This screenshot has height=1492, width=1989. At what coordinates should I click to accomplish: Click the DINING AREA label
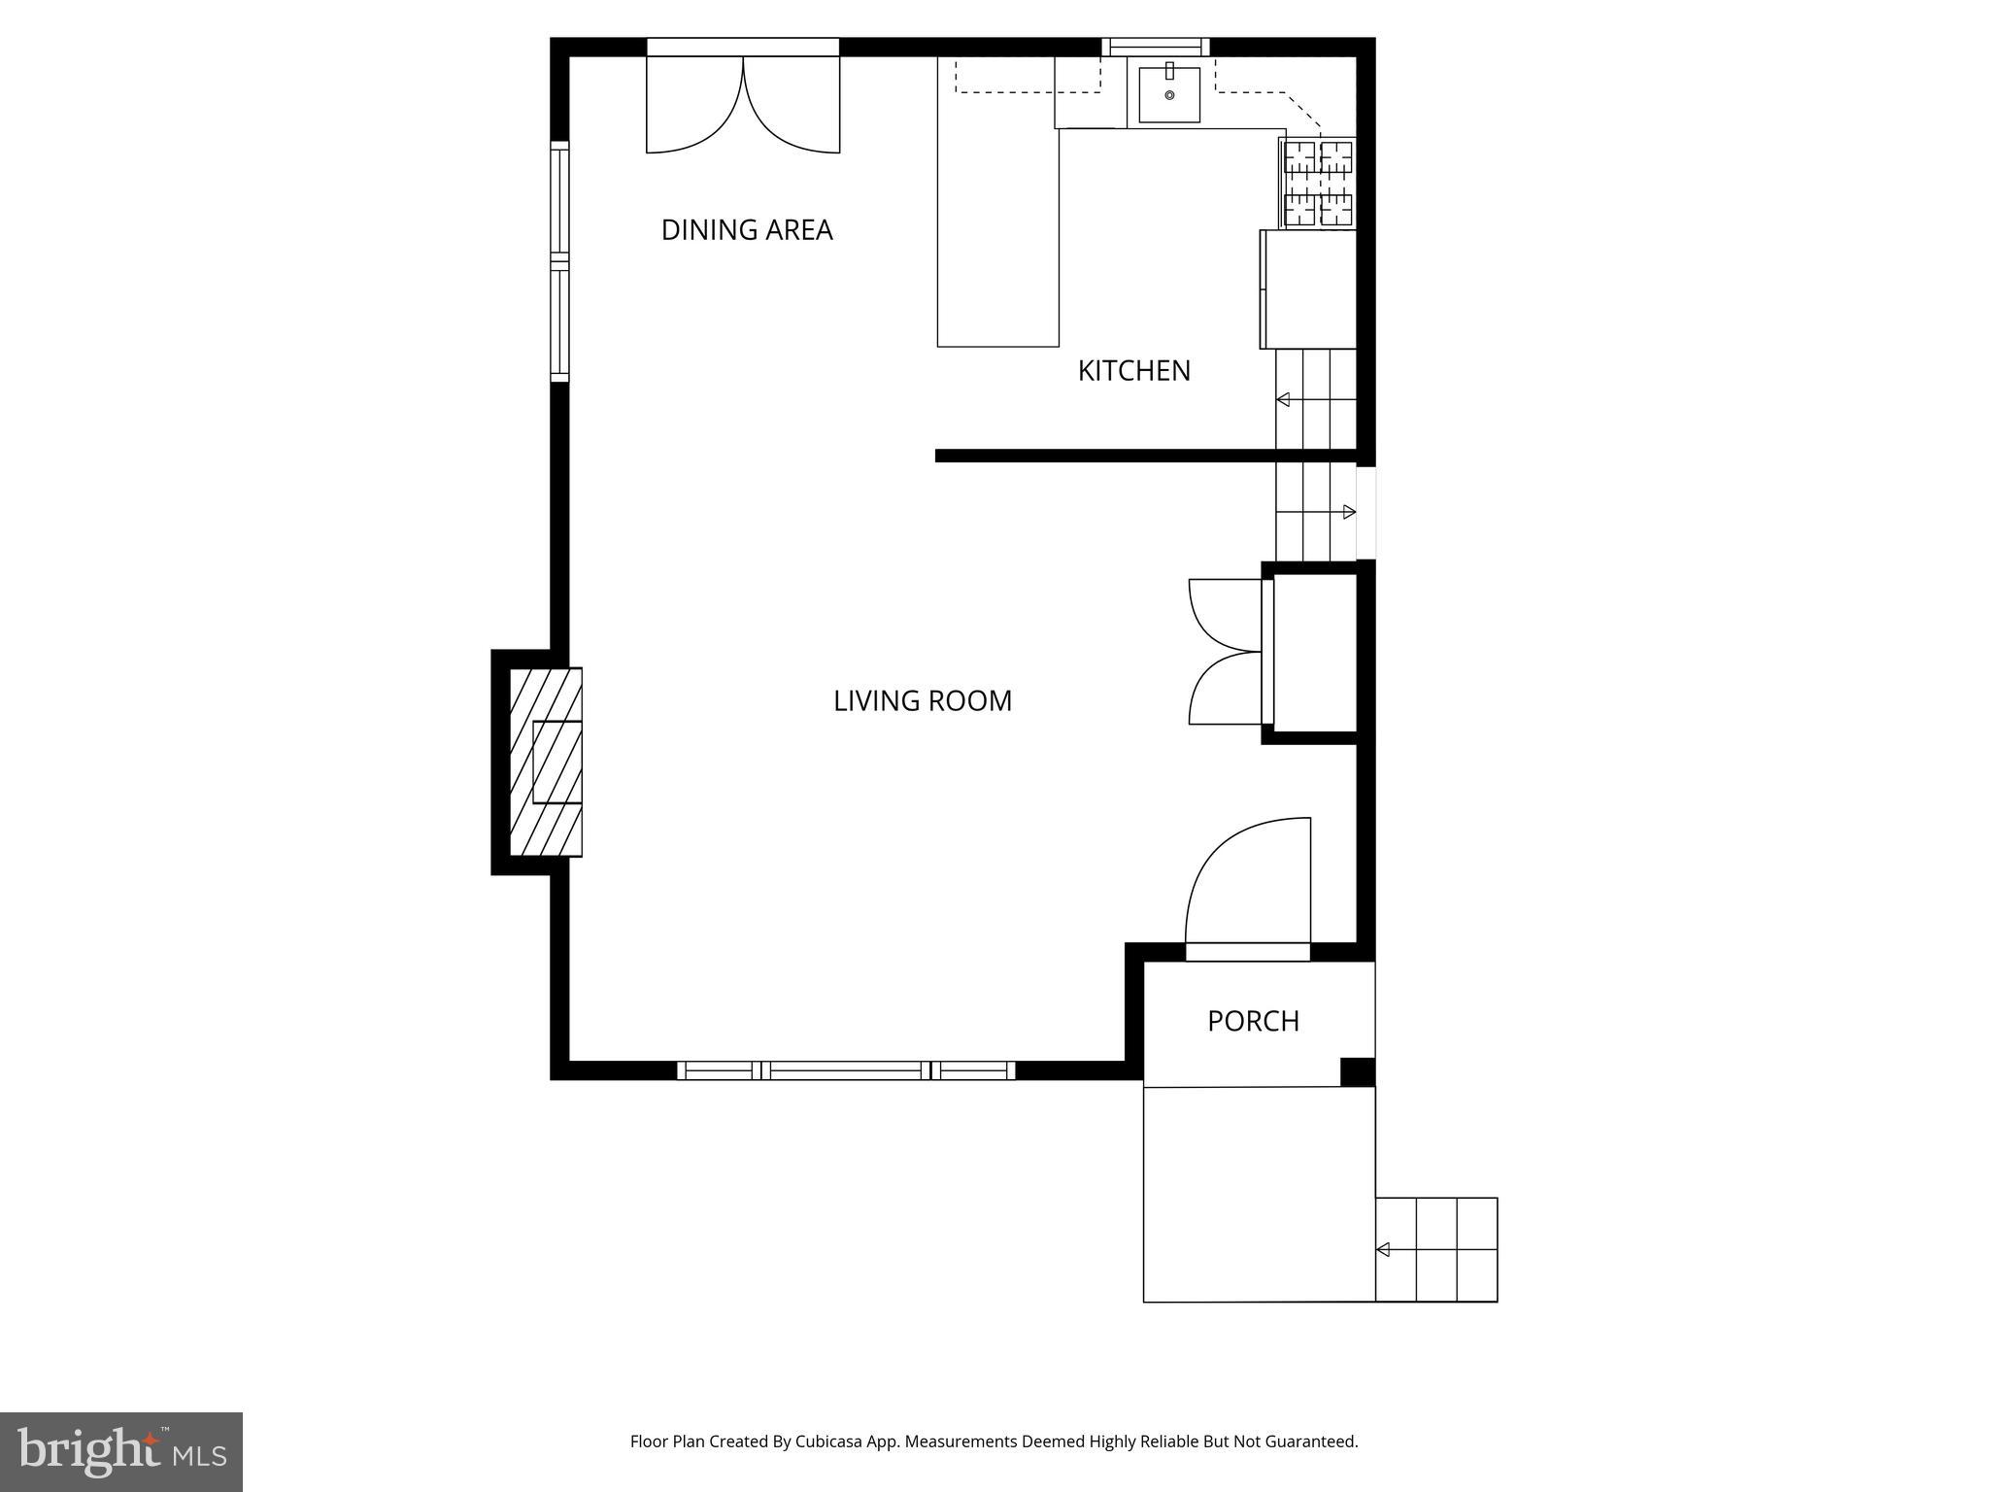tap(747, 230)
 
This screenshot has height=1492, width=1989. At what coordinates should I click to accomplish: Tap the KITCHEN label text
tap(1133, 371)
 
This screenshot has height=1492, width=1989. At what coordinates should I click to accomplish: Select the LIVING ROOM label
tap(922, 701)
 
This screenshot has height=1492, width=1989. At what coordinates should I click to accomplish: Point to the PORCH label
tap(1253, 1021)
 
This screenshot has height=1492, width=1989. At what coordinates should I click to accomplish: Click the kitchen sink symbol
tap(1168, 94)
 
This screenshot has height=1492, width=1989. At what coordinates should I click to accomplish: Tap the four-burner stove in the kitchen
tap(1318, 183)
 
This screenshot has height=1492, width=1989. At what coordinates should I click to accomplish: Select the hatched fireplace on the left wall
tap(546, 762)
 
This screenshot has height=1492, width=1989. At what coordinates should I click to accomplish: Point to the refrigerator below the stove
tap(1308, 289)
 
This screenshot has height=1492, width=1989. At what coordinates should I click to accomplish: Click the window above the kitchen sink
tap(1155, 47)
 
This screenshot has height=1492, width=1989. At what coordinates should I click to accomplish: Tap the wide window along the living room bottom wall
tap(846, 1070)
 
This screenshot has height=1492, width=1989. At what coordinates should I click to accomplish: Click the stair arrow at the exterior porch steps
tap(1384, 1249)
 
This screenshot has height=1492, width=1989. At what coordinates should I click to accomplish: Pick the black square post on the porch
tap(1357, 1072)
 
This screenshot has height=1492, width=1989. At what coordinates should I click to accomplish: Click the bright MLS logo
tap(121, 1451)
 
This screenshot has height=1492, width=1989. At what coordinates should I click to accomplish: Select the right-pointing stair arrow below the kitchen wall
tap(1348, 512)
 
